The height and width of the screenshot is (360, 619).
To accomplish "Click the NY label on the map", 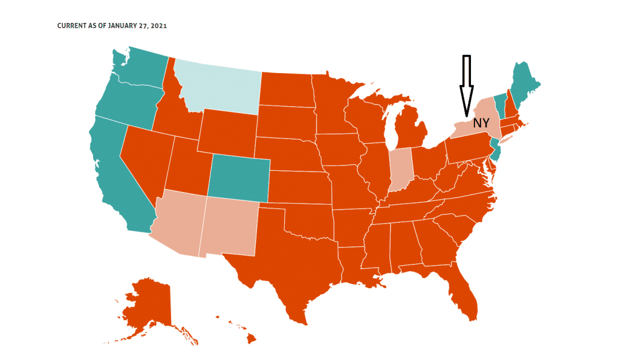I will [481, 123].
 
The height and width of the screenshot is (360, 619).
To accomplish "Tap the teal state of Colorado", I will [238, 176].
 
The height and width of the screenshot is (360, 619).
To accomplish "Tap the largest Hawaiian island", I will [251, 339].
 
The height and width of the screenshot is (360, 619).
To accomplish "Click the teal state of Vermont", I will [499, 106].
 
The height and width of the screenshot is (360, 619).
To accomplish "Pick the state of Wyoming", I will [226, 130].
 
